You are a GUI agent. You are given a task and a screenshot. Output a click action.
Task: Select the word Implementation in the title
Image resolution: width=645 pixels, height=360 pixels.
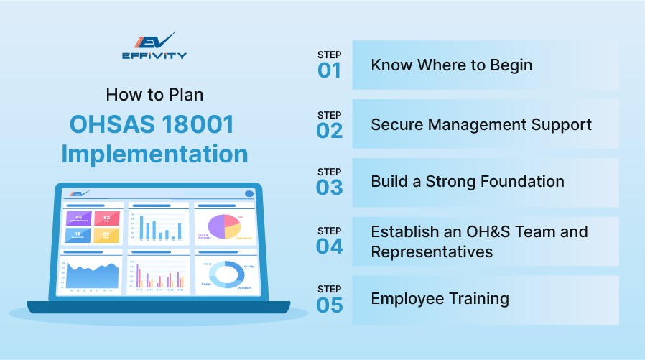coord(154,154)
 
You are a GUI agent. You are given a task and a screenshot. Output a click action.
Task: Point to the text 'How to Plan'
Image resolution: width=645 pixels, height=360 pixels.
coord(154,94)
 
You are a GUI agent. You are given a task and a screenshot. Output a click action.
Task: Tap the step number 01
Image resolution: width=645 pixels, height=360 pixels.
coord(330,70)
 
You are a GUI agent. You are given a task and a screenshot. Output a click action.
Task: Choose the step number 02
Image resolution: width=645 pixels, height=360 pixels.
coord(330,130)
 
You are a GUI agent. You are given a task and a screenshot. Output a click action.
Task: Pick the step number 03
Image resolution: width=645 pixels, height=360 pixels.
coord(330,188)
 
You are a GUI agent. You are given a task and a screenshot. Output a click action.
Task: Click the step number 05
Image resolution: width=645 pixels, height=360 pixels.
coord(330,305)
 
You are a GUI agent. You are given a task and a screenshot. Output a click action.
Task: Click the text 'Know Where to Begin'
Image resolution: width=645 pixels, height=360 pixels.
coord(451,65)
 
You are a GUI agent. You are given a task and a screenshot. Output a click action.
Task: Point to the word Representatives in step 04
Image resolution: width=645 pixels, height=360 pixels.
coord(432,251)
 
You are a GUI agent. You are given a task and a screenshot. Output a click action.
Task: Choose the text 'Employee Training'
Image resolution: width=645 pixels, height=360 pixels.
coord(440,298)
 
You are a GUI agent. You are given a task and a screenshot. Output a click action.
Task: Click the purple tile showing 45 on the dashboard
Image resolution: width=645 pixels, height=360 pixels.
coord(77,218)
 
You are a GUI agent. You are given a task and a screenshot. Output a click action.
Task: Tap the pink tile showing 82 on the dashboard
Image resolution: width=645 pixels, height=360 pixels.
coord(106,218)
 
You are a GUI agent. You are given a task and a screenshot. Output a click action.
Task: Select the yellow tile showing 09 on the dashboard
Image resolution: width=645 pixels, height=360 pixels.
coord(106,234)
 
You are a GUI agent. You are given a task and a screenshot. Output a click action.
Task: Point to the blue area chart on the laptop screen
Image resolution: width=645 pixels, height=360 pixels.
coord(91,275)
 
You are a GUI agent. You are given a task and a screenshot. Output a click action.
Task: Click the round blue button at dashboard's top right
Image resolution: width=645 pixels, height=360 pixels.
coord(249,193)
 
